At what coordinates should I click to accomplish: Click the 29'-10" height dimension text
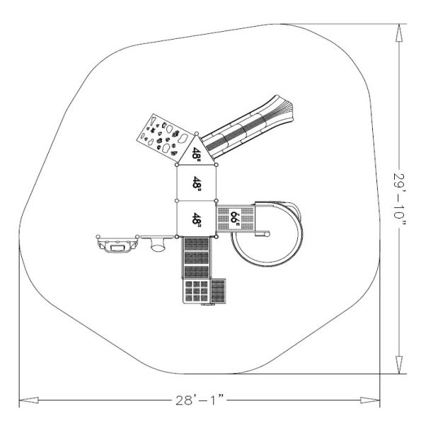click(400, 199)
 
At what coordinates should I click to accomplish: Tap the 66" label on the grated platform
click(233, 217)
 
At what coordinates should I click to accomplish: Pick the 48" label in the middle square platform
click(197, 183)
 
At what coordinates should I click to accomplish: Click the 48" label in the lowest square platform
click(197, 219)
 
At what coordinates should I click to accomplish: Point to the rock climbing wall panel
click(161, 136)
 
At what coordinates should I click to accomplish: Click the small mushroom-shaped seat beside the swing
click(157, 245)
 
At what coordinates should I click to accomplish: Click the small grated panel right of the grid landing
click(219, 291)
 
